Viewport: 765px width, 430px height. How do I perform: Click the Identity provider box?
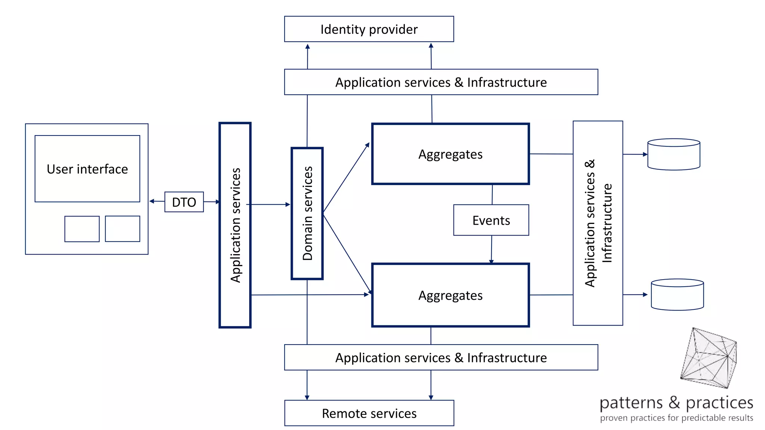tap(369, 29)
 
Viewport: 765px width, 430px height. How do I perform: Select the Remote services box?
tap(369, 413)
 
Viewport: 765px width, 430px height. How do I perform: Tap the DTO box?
tap(184, 202)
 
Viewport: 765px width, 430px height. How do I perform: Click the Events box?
tap(491, 220)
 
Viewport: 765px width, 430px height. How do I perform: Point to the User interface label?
tap(87, 169)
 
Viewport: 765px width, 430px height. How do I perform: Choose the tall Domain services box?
tap(307, 213)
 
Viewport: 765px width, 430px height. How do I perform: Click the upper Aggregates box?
tap(450, 154)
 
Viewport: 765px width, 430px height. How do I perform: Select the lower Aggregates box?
tap(450, 295)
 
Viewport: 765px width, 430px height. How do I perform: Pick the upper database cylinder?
tap(673, 155)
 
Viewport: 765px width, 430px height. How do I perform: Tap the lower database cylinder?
tap(677, 295)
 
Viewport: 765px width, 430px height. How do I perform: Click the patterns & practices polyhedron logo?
tap(709, 358)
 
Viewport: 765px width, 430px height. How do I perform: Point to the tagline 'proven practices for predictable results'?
tap(676, 418)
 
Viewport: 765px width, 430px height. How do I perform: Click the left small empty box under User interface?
tap(82, 229)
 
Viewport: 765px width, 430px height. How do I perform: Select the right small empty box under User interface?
tap(123, 229)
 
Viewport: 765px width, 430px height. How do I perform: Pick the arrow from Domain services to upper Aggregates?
tap(346, 178)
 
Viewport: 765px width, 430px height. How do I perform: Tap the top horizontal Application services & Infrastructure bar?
tap(441, 82)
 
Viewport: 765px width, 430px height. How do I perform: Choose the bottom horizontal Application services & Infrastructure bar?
tap(441, 357)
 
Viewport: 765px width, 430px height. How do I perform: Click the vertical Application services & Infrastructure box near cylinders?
tap(598, 223)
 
